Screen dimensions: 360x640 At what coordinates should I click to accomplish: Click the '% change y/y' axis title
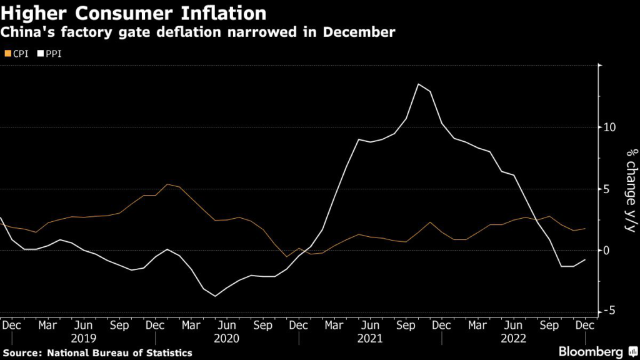tap(630, 190)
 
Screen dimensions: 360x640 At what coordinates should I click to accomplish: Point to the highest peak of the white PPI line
tap(418, 84)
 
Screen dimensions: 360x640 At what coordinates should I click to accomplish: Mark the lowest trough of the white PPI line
tap(216, 296)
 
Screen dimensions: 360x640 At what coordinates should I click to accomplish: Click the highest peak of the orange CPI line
tap(167, 184)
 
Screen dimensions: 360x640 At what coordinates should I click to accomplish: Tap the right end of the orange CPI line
tap(586, 229)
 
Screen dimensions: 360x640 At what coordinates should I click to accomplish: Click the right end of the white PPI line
tap(586, 259)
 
